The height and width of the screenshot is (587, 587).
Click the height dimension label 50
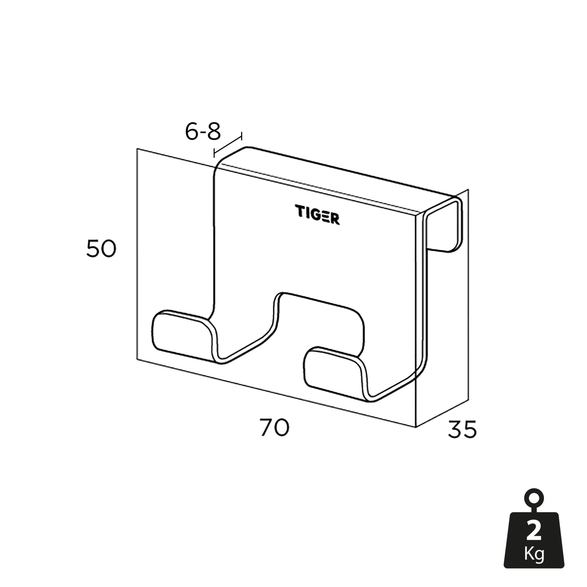pyautogui.click(x=101, y=249)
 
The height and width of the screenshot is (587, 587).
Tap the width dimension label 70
pyautogui.click(x=274, y=427)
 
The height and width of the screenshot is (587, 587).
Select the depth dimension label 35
pyautogui.click(x=462, y=430)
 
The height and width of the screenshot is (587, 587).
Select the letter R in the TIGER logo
pyautogui.click(x=335, y=219)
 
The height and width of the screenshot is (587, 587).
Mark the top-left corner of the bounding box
pyautogui.click(x=137, y=149)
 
